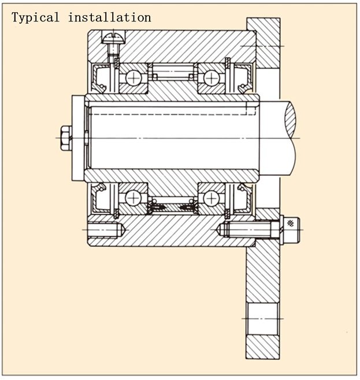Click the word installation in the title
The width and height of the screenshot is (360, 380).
[x=109, y=17]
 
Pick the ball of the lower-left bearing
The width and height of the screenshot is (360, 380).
[x=133, y=198]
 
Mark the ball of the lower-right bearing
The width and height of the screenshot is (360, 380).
[x=211, y=198]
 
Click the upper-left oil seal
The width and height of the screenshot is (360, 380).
[x=102, y=78]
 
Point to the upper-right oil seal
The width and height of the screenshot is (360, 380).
[x=242, y=78]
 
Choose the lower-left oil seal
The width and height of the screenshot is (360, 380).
[x=102, y=198]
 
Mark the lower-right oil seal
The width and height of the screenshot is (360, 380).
[x=242, y=198]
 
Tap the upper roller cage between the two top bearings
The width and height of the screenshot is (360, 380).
[x=172, y=73]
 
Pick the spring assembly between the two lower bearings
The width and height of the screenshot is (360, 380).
[x=172, y=205]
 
